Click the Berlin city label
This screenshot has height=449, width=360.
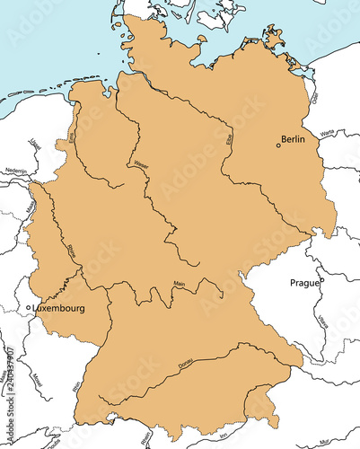(294, 140)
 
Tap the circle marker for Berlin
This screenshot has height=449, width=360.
(278, 145)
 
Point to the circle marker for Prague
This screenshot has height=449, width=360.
(322, 281)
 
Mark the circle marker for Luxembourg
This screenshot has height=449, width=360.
(29, 308)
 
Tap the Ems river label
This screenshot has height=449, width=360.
(72, 136)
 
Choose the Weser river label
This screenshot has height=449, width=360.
(140, 164)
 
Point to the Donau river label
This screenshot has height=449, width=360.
(186, 364)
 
